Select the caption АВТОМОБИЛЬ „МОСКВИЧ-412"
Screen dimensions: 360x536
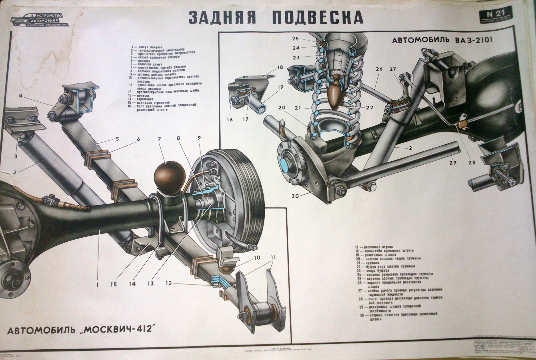coord(81,331)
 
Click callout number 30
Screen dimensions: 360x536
coord(295,196)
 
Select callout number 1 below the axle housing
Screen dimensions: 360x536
coord(97,285)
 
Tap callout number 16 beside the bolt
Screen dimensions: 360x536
coord(230,120)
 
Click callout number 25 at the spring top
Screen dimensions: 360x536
coord(296,38)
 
